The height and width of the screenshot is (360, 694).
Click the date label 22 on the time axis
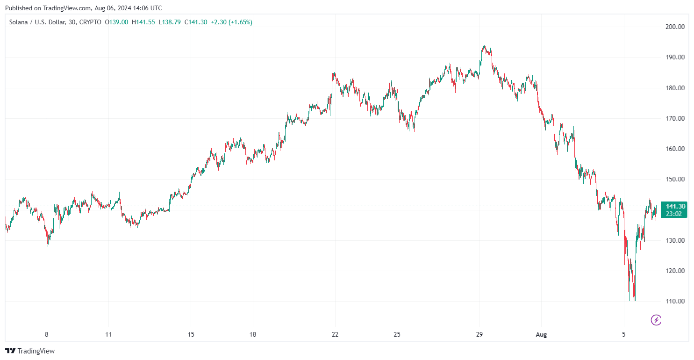(x=335, y=335)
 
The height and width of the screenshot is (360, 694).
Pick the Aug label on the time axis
(x=541, y=335)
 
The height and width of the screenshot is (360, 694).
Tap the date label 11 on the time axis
(x=108, y=335)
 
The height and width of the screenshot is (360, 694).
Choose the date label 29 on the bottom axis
(x=479, y=335)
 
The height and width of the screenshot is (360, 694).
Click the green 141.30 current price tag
(x=675, y=207)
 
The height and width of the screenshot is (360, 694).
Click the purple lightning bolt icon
(x=656, y=320)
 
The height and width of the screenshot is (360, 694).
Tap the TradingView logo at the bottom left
(x=30, y=351)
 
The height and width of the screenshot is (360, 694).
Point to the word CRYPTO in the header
(x=90, y=22)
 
